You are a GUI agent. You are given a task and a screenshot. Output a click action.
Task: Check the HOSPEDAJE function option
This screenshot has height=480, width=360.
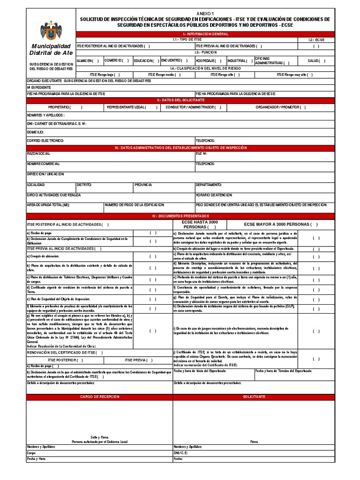click(210, 61)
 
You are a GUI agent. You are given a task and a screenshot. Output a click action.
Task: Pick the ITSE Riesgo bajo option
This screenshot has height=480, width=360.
click(105, 74)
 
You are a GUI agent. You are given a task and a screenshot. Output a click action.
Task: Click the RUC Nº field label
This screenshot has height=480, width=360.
click(202, 154)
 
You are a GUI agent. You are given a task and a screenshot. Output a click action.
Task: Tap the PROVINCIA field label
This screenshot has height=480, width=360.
click(143, 185)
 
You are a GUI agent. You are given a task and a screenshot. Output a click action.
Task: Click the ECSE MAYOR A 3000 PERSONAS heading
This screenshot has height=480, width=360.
click(280, 224)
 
